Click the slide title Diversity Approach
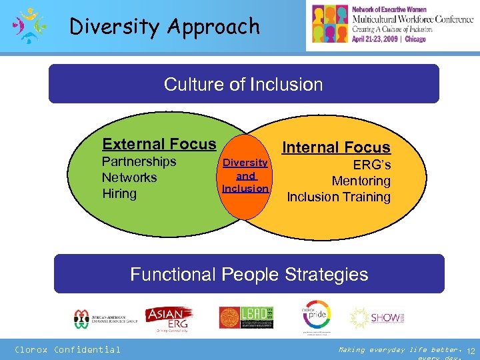click(165, 27)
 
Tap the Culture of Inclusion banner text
click(243, 85)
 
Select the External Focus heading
click(159, 144)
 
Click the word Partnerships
click(139, 162)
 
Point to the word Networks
click(129, 178)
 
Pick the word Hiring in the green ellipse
click(119, 194)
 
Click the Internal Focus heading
click(337, 147)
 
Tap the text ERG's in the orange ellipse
click(371, 165)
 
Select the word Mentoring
click(361, 181)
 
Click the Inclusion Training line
click(338, 197)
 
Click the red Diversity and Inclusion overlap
click(245, 176)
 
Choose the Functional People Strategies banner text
click(249, 274)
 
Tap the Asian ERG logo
click(169, 318)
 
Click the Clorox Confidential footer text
click(68, 349)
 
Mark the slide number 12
click(470, 351)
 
